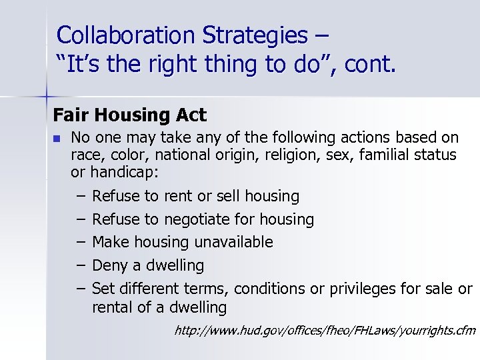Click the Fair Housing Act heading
pos(130,115)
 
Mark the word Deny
pos(109,265)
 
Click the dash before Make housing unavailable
pos(80,242)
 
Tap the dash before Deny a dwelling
pos(80,265)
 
